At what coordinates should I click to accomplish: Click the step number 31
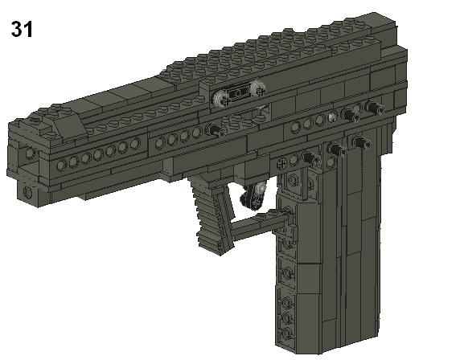(x=21, y=31)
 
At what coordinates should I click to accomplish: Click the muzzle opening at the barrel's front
(x=28, y=153)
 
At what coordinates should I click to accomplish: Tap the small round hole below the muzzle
(x=27, y=192)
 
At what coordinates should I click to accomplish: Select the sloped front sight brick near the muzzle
(x=70, y=121)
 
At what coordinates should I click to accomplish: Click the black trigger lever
(x=256, y=198)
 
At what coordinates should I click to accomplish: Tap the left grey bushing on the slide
(x=222, y=98)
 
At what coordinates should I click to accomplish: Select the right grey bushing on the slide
(x=257, y=92)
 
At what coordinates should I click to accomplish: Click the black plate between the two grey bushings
(x=240, y=95)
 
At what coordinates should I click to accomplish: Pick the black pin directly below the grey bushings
(x=216, y=129)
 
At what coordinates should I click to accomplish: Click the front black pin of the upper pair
(x=350, y=114)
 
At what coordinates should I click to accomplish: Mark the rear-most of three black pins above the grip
(x=362, y=143)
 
